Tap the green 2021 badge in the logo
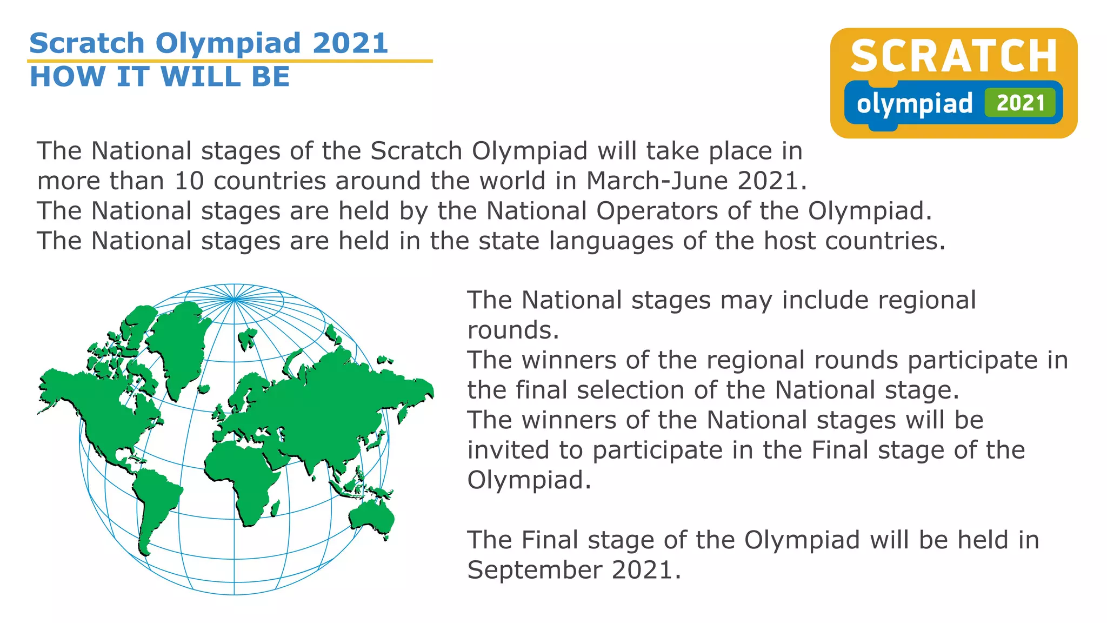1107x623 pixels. pos(1020,103)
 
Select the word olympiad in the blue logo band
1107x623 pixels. pos(915,104)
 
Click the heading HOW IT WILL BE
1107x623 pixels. pos(160,77)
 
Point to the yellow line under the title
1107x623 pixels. pos(230,61)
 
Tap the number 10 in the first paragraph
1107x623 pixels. pos(189,181)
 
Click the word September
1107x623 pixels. pos(535,570)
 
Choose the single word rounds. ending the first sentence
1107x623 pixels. pos(513,330)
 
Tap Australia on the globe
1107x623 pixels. pos(372,517)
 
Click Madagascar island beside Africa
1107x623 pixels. pos(275,508)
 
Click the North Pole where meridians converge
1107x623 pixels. pos(234,299)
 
